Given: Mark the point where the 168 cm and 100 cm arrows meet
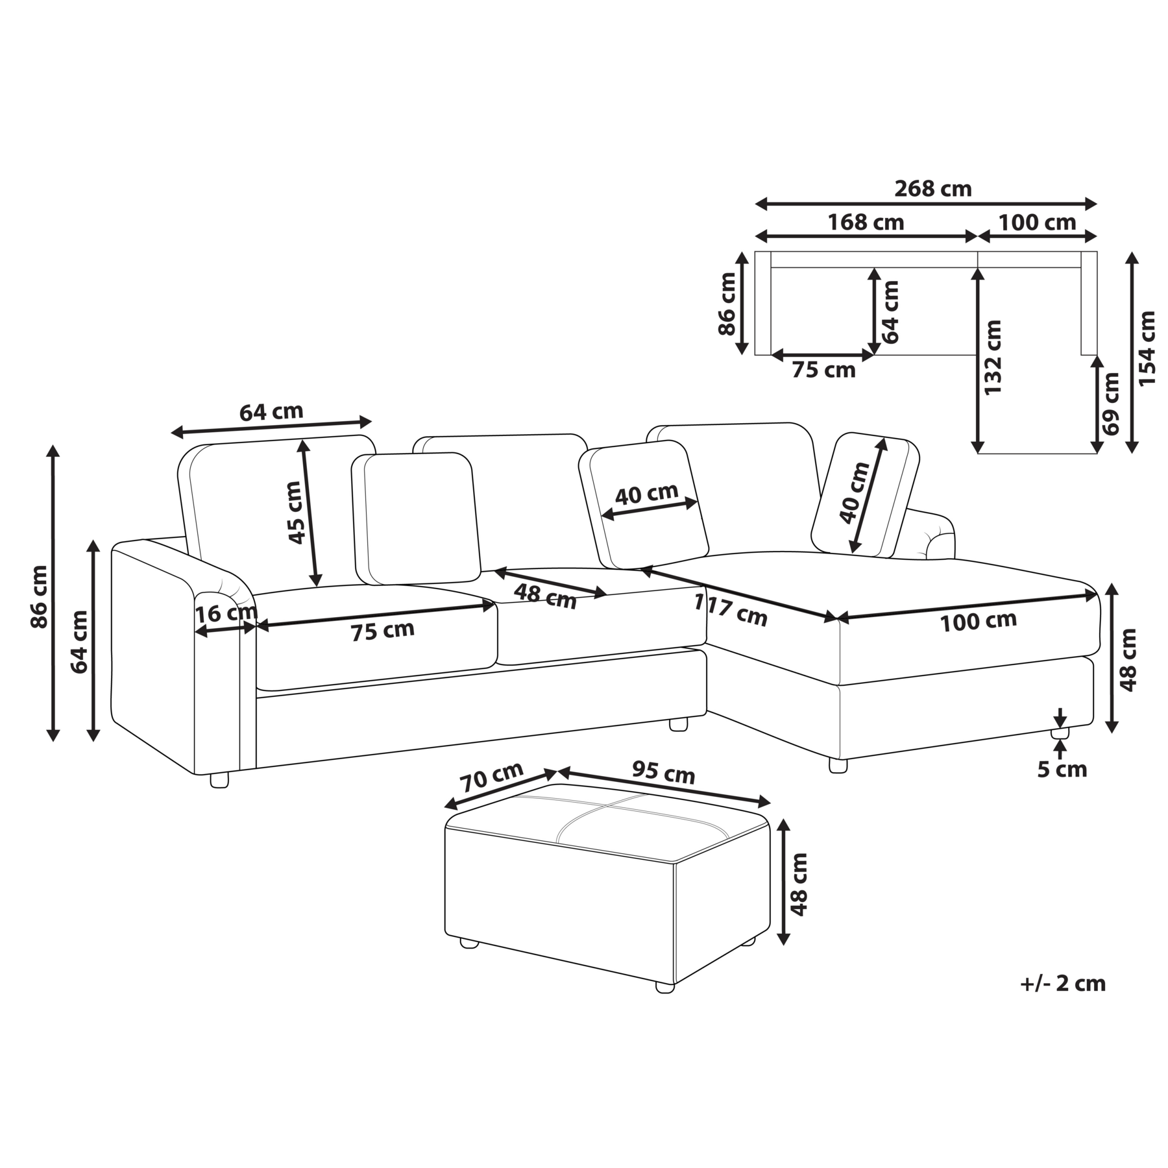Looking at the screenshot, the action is pyautogui.click(x=978, y=236).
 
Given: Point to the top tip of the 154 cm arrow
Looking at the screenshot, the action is pyautogui.click(x=1132, y=252).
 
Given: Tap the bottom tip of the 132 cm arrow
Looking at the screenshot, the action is pyautogui.click(x=978, y=453).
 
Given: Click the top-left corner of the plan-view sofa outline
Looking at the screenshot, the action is pyautogui.click(x=755, y=251).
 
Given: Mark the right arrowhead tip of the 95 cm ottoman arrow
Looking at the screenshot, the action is pyautogui.click(x=770, y=803).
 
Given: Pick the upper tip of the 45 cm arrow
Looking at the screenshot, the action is pyautogui.click(x=302, y=439).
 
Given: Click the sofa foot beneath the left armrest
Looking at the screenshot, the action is pyautogui.click(x=219, y=780).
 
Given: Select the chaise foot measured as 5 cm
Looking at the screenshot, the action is pyautogui.click(x=1060, y=733).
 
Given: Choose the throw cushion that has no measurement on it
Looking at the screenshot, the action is pyautogui.click(x=416, y=518).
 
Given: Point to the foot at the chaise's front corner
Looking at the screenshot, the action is pyautogui.click(x=838, y=765).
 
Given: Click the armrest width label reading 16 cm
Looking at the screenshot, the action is pyautogui.click(x=226, y=613).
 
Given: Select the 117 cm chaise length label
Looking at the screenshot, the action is pyautogui.click(x=731, y=610).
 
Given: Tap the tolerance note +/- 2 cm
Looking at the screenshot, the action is pyautogui.click(x=1062, y=983).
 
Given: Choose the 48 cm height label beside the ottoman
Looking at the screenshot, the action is pyautogui.click(x=799, y=884).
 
